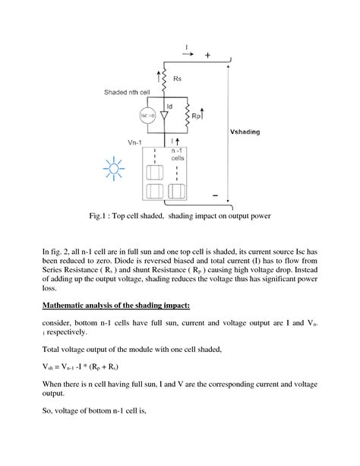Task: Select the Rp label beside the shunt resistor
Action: coord(197,116)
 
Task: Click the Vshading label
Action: coord(245,132)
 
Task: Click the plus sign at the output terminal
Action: coord(208,55)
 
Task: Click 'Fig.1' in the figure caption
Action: coord(98,217)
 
